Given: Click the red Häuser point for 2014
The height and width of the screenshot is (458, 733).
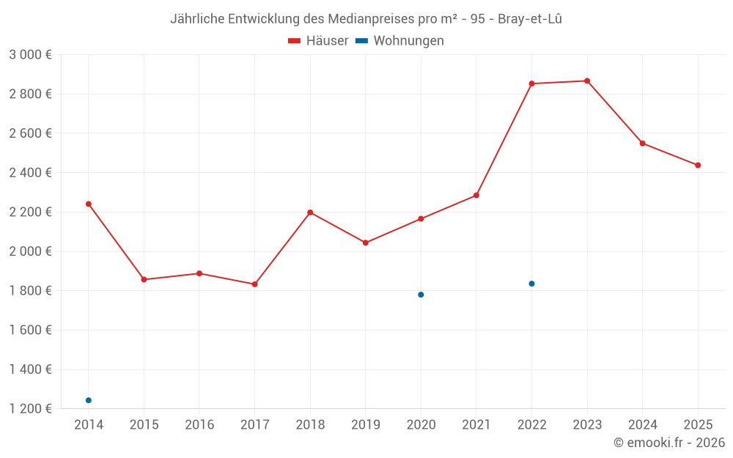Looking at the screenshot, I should pos(89,204).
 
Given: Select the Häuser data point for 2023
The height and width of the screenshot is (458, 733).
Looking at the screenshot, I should pos(587,81).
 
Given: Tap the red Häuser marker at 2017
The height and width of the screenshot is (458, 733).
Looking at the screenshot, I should pos(254,284).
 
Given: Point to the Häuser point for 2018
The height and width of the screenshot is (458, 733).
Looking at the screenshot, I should pos(310,213).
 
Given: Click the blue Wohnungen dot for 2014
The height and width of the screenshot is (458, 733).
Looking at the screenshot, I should pos(89,400).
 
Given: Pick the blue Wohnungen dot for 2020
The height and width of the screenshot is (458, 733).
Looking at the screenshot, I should pos(421,295).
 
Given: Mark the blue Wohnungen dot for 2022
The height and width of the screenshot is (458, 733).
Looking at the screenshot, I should pos(531,284).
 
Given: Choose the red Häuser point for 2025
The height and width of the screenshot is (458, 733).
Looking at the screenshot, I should pos(698,166).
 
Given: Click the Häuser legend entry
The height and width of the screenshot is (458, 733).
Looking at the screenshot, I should pos(318,41).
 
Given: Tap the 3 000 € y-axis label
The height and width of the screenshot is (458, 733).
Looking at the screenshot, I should pos(30,55).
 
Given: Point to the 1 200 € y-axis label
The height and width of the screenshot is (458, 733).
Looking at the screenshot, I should pos(30,409).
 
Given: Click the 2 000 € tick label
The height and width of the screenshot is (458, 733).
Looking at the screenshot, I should pos(30,251).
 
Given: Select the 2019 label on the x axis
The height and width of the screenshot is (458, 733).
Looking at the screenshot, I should pos(366,425).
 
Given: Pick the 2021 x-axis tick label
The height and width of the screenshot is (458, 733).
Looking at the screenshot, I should pos(476,425).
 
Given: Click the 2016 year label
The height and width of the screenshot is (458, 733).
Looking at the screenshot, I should pos(199,425).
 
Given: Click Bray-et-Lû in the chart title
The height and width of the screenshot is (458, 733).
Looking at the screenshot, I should pos(530,19).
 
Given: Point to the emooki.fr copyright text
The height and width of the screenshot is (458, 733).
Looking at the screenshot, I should pos(669,443).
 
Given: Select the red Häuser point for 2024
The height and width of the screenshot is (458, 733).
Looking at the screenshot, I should pos(643,144).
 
